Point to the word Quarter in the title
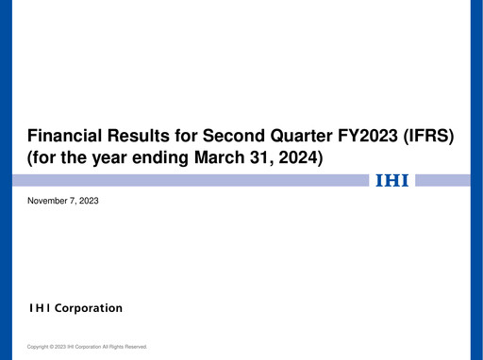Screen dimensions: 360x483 [316, 138]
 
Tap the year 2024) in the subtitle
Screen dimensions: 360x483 [299, 159]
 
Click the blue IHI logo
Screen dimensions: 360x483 [392, 180]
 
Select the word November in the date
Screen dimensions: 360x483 [49, 202]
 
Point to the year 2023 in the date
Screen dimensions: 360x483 [89, 202]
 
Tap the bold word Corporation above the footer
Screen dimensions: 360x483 [88, 308]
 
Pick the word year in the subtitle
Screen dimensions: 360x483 [98, 159]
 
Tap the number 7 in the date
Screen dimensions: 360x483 [74, 202]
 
